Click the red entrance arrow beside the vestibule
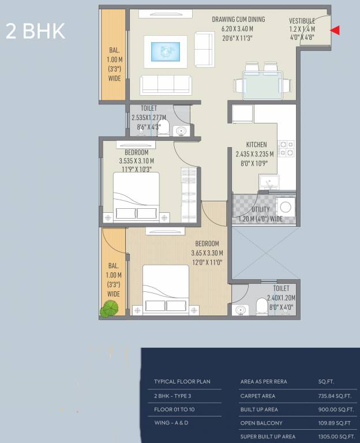point(335,31)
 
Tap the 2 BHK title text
point(35,31)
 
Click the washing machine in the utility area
point(285,208)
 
